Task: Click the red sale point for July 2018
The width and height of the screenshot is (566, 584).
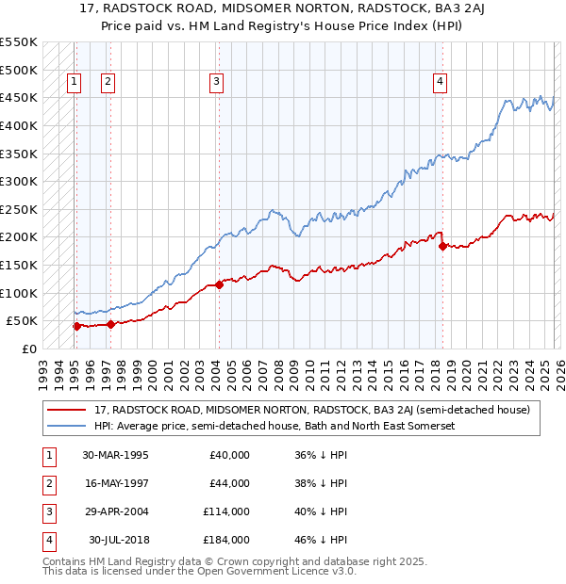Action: pos(441,246)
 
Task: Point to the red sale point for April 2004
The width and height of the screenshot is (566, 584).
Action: pos(219,284)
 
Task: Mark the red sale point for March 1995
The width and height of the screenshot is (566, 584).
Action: pos(76,326)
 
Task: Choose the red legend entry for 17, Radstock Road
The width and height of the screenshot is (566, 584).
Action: pos(311,410)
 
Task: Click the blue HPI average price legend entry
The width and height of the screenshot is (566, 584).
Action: pos(275,426)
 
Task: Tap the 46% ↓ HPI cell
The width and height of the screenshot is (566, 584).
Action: pos(320,540)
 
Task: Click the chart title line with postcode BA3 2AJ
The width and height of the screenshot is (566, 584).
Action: pos(283,8)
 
